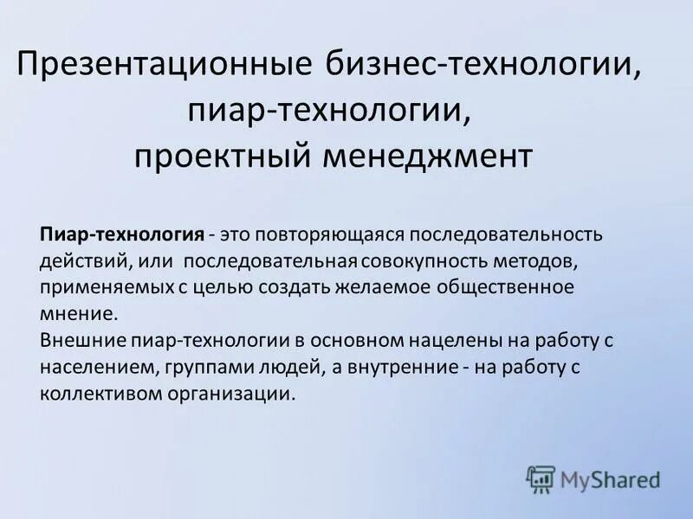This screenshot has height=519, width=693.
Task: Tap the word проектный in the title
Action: [x=221, y=157]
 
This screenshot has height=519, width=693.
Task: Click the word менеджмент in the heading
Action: [x=438, y=157]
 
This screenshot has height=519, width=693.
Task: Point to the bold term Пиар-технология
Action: [x=122, y=234]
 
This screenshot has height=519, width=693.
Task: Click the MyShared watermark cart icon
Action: [x=541, y=478]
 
